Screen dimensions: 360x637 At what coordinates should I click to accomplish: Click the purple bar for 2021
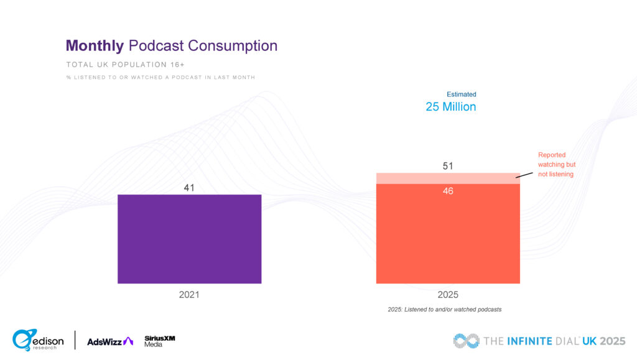pyautogui.click(x=189, y=239)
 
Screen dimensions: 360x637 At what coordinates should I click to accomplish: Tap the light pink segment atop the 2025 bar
pyautogui.click(x=448, y=178)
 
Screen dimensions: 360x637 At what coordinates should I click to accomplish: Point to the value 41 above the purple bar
pyautogui.click(x=190, y=187)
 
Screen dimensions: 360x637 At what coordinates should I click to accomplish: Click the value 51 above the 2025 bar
pyautogui.click(x=448, y=166)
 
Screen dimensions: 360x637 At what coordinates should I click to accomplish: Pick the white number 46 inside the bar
pyautogui.click(x=448, y=191)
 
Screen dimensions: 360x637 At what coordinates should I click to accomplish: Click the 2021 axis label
pyautogui.click(x=189, y=295)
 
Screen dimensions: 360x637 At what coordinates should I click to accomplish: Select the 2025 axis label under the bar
pyautogui.click(x=448, y=295)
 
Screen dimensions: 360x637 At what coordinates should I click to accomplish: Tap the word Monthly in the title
pyautogui.click(x=95, y=45)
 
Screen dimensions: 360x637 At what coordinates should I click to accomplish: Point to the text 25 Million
pyautogui.click(x=451, y=107)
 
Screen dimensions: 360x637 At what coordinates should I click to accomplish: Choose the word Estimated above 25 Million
pyautogui.click(x=462, y=95)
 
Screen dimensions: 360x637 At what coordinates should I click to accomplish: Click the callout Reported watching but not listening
pyautogui.click(x=556, y=165)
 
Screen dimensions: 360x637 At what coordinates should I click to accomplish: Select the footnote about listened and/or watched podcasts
pyautogui.click(x=445, y=310)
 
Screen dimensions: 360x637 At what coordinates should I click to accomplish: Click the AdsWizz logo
pyautogui.click(x=110, y=341)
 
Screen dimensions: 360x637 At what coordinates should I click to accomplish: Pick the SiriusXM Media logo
pyautogui.click(x=159, y=341)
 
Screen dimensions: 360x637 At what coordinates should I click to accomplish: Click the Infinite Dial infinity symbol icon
pyautogui.click(x=466, y=341)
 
